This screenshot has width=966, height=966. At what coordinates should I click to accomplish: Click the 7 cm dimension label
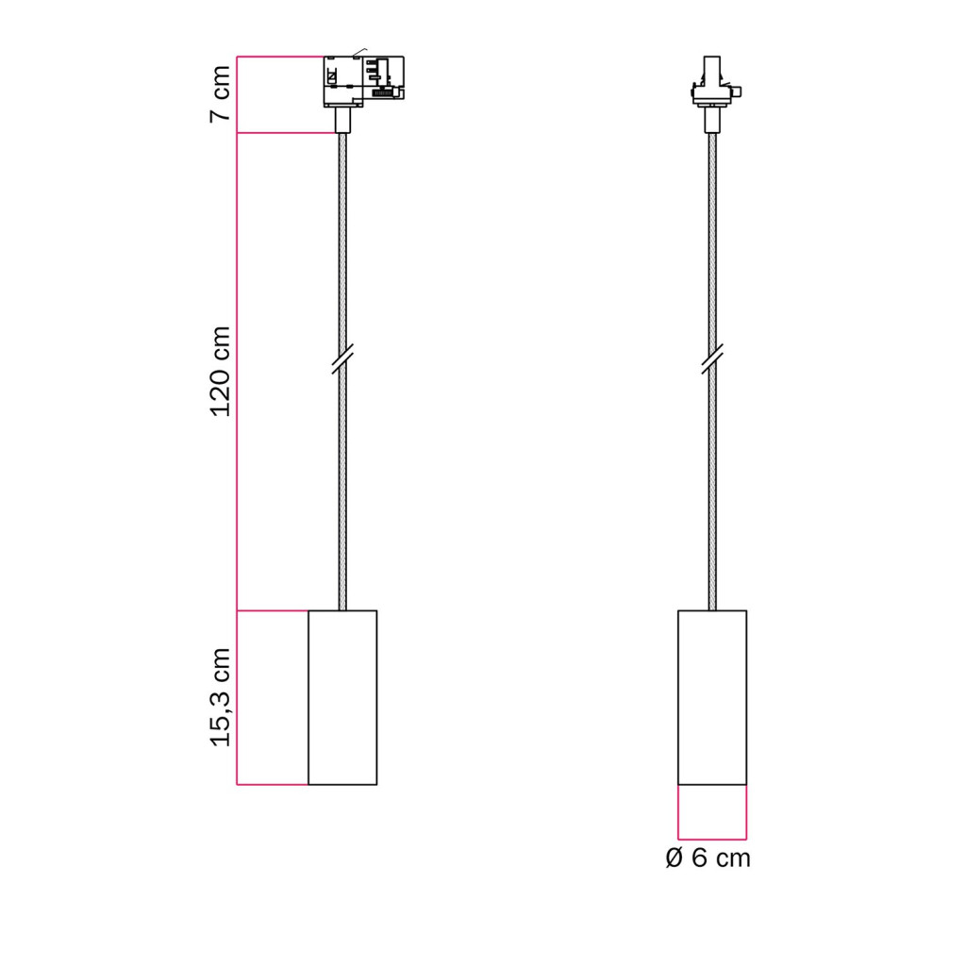(220, 93)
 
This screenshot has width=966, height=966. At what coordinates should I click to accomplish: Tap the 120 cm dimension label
(220, 372)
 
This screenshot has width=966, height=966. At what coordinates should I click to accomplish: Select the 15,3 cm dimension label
(220, 697)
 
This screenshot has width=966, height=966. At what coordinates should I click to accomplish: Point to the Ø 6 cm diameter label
(708, 858)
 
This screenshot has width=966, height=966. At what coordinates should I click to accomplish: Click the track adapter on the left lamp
(363, 81)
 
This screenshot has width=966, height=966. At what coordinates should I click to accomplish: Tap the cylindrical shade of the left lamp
(342, 697)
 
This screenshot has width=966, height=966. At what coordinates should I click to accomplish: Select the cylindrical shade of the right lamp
(712, 697)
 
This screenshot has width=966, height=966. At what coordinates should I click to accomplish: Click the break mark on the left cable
(342, 359)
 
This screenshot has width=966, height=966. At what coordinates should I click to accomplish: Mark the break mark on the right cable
(712, 359)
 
